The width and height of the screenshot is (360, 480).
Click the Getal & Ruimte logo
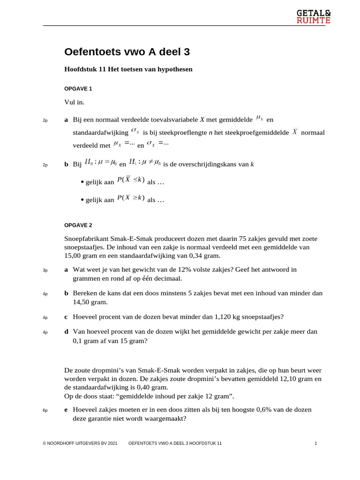[x=313, y=16]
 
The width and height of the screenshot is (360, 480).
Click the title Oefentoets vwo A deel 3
[x=127, y=52]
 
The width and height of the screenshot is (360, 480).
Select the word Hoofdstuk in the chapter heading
[x=81, y=69]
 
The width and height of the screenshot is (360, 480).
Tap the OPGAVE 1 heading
[x=78, y=88]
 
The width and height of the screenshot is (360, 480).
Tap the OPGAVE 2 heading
[x=78, y=225]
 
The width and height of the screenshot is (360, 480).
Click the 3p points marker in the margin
[x=45, y=270]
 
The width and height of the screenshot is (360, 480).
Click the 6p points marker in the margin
[x=45, y=411]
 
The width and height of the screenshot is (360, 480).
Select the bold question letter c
[x=66, y=316]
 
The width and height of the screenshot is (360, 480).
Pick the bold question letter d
[x=66, y=331]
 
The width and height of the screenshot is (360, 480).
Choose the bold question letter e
[x=66, y=409]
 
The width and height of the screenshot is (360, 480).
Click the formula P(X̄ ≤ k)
[x=131, y=180]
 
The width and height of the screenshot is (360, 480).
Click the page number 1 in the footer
[x=315, y=443]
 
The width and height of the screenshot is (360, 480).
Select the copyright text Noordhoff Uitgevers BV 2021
[x=80, y=443]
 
